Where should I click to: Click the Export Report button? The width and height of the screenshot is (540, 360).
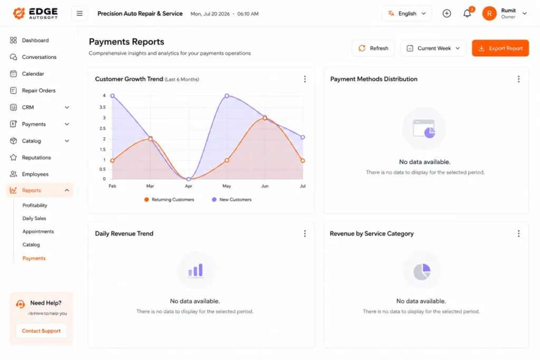pos(500,48)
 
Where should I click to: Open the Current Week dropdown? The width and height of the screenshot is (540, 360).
pos(433,48)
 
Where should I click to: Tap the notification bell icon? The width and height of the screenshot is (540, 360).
pos(467,13)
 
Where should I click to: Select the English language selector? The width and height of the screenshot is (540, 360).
pos(407,13)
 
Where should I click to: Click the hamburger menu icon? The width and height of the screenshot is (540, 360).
pos(80,13)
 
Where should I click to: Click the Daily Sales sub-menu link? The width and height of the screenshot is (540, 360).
pos(34,218)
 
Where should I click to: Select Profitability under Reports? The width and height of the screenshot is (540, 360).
pos(35,205)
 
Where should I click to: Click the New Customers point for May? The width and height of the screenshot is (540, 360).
pos(227,96)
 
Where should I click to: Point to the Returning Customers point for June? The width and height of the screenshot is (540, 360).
pos(265,118)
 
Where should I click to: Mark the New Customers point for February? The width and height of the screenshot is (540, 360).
pos(113,96)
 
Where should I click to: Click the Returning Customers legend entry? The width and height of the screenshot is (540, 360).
pos(169,200)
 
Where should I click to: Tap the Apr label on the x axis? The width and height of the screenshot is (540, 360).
pos(188,186)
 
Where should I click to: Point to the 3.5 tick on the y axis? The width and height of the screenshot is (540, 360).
pos(102,108)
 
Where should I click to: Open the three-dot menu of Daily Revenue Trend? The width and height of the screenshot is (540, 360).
pos(305,233)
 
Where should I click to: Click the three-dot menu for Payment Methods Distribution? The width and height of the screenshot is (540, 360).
pos(519,79)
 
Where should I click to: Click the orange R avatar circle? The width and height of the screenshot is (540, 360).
pos(489,13)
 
